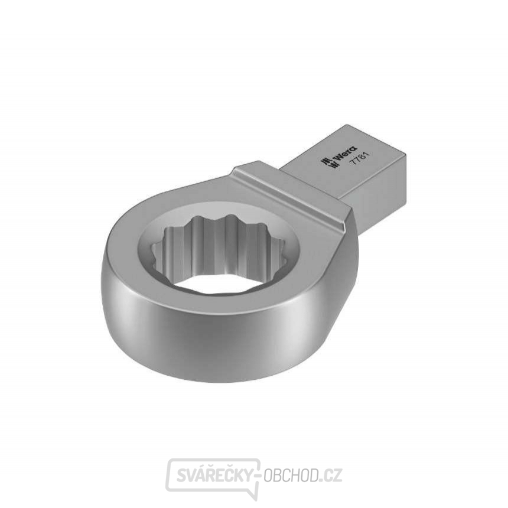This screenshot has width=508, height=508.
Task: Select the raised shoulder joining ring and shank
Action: coord(295,189)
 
